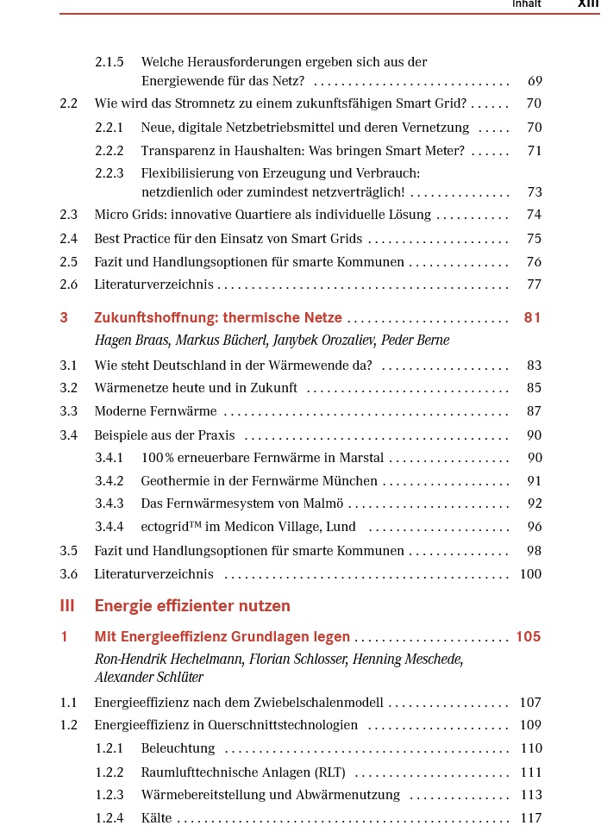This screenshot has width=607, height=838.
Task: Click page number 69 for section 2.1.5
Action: (x=535, y=82)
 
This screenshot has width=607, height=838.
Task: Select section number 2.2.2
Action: (x=110, y=151)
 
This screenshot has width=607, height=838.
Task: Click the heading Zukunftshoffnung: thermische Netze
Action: (x=218, y=318)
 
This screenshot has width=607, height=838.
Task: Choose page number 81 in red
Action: (x=533, y=318)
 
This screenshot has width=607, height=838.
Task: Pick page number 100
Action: (x=531, y=574)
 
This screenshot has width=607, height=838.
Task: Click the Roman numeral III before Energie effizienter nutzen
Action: (x=67, y=606)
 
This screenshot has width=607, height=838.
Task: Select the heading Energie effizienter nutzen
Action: (x=192, y=606)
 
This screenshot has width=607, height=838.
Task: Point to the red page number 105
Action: (x=529, y=637)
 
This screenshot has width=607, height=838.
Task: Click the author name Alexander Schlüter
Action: (x=148, y=678)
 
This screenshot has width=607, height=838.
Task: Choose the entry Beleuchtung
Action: (x=178, y=748)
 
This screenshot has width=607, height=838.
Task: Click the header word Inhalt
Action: (x=527, y=4)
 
